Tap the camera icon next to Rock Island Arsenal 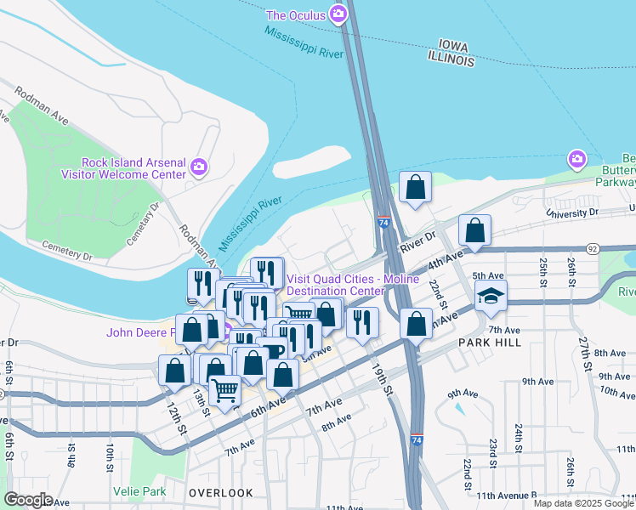[x=200, y=166]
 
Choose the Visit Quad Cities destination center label [x=348, y=285]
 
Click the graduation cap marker [x=490, y=297]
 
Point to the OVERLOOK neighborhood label [x=221, y=493]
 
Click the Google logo [x=28, y=500]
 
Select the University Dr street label [x=574, y=212]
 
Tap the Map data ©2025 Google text [x=582, y=503]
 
